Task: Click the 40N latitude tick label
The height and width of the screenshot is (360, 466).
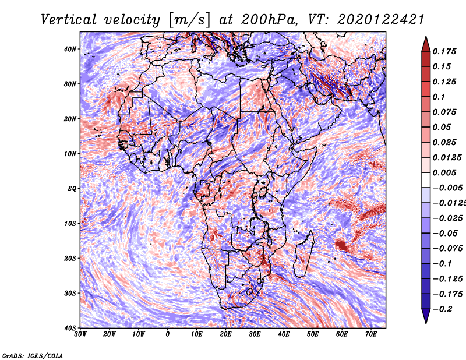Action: (x=70, y=49)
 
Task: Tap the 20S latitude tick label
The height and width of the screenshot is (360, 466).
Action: (x=70, y=258)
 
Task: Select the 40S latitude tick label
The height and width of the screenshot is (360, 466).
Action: (x=70, y=328)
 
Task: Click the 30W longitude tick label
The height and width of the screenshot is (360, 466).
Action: (x=80, y=334)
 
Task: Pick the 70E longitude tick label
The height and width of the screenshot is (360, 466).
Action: (x=370, y=334)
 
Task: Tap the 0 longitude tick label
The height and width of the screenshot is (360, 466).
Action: (x=168, y=334)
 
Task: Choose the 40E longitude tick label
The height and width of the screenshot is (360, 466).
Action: (x=284, y=334)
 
